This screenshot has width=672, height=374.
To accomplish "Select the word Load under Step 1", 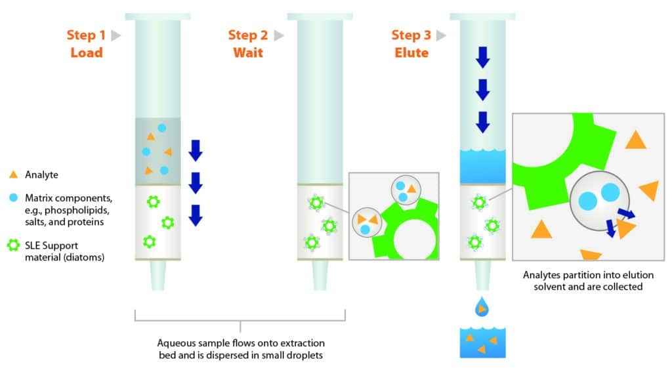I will tap(87, 52).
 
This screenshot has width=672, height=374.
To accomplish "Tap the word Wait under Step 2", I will tap(248, 52).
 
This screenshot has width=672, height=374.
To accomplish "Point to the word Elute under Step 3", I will tap(412, 52).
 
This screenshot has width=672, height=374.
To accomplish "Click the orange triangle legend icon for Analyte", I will tap(13, 175).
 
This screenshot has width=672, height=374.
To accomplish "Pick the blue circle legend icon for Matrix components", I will tap(13, 197).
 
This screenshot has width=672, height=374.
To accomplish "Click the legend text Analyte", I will tap(41, 175).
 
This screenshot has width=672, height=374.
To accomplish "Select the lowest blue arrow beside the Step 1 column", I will tap(195, 215).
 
